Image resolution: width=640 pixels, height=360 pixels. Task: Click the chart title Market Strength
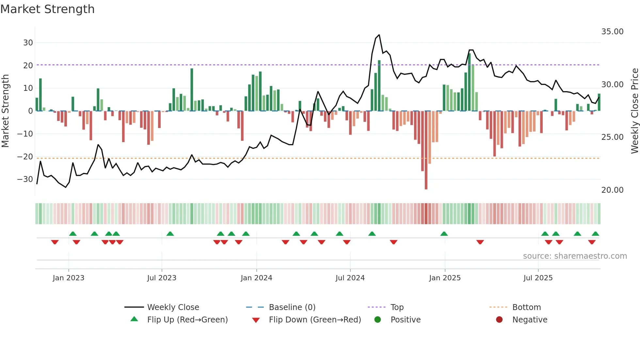click(47, 9)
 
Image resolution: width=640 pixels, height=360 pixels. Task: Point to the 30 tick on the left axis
click(28, 43)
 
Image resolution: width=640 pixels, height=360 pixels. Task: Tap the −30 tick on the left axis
click(25, 179)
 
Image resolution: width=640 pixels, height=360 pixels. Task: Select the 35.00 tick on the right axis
click(612, 32)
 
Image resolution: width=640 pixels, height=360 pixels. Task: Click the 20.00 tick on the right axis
click(612, 190)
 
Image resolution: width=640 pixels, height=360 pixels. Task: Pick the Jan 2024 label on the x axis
click(256, 278)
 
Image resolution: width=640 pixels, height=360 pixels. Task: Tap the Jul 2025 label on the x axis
click(538, 278)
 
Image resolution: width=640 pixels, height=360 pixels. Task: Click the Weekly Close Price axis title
click(634, 111)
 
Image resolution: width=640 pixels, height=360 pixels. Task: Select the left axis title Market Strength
click(5, 111)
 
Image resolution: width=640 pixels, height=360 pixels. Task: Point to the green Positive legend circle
click(377, 320)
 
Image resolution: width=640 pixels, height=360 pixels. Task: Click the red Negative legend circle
click(499, 320)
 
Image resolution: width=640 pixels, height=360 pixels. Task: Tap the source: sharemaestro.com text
click(575, 256)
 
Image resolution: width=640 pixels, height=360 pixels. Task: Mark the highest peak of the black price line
click(379, 35)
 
